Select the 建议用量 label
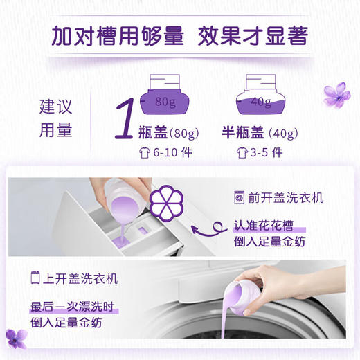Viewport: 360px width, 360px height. pos(55,118)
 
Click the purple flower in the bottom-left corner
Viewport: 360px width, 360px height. pos(15,339)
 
